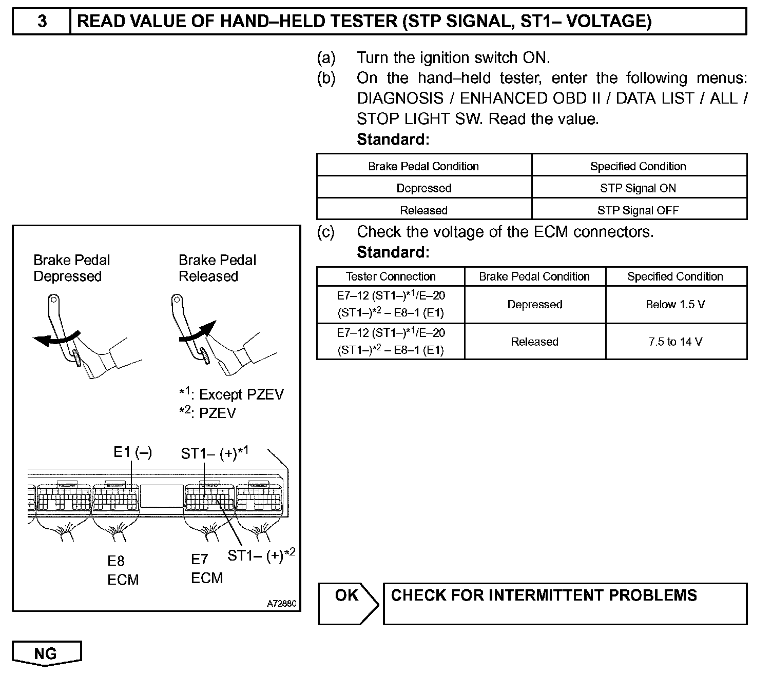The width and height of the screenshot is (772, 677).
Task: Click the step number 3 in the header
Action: point(42,22)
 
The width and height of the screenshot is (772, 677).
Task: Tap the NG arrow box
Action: point(46,653)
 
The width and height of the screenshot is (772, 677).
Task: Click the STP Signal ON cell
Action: point(638,188)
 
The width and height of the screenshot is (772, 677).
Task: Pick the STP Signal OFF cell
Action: point(638,210)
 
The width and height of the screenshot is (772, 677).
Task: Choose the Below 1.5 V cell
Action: point(675,305)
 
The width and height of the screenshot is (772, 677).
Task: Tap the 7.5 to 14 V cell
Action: point(675,342)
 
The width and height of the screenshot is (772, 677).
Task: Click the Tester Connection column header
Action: point(391,276)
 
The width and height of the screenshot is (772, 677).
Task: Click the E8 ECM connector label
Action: point(123,570)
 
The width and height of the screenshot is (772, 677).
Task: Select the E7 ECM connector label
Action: point(207,569)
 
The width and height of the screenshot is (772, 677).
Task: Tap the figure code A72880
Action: point(281,604)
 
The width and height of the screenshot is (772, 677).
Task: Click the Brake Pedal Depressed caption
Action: point(71,268)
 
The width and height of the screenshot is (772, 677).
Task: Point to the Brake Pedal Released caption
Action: point(217,268)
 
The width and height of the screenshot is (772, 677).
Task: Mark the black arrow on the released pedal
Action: point(199,331)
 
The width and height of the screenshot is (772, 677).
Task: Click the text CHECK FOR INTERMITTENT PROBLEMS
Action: point(544,595)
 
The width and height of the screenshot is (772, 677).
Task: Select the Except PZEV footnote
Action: point(231,394)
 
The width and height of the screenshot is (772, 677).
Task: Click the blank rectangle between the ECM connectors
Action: point(162,496)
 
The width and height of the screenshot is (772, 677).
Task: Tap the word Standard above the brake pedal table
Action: point(393,140)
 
